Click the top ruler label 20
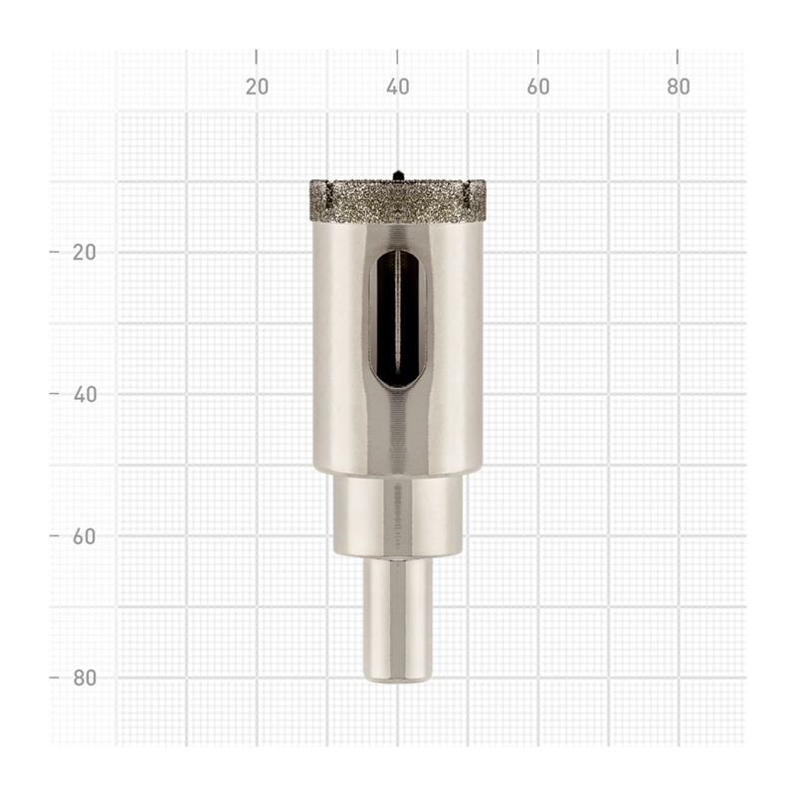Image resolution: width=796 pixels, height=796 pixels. click(257, 87)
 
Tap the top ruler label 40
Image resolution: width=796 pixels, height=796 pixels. click(397, 87)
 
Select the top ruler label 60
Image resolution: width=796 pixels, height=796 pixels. click(538, 87)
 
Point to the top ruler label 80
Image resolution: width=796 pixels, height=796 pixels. click(679, 87)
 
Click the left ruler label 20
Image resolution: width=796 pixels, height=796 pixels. click(85, 253)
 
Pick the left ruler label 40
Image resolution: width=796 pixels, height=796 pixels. click(85, 394)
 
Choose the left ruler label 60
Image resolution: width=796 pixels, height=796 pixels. click(85, 536)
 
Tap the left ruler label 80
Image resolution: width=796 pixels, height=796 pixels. click(85, 679)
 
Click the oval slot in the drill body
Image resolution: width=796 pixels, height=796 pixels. click(397, 319)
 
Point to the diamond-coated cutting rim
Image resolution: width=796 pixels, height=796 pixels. click(397, 201)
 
